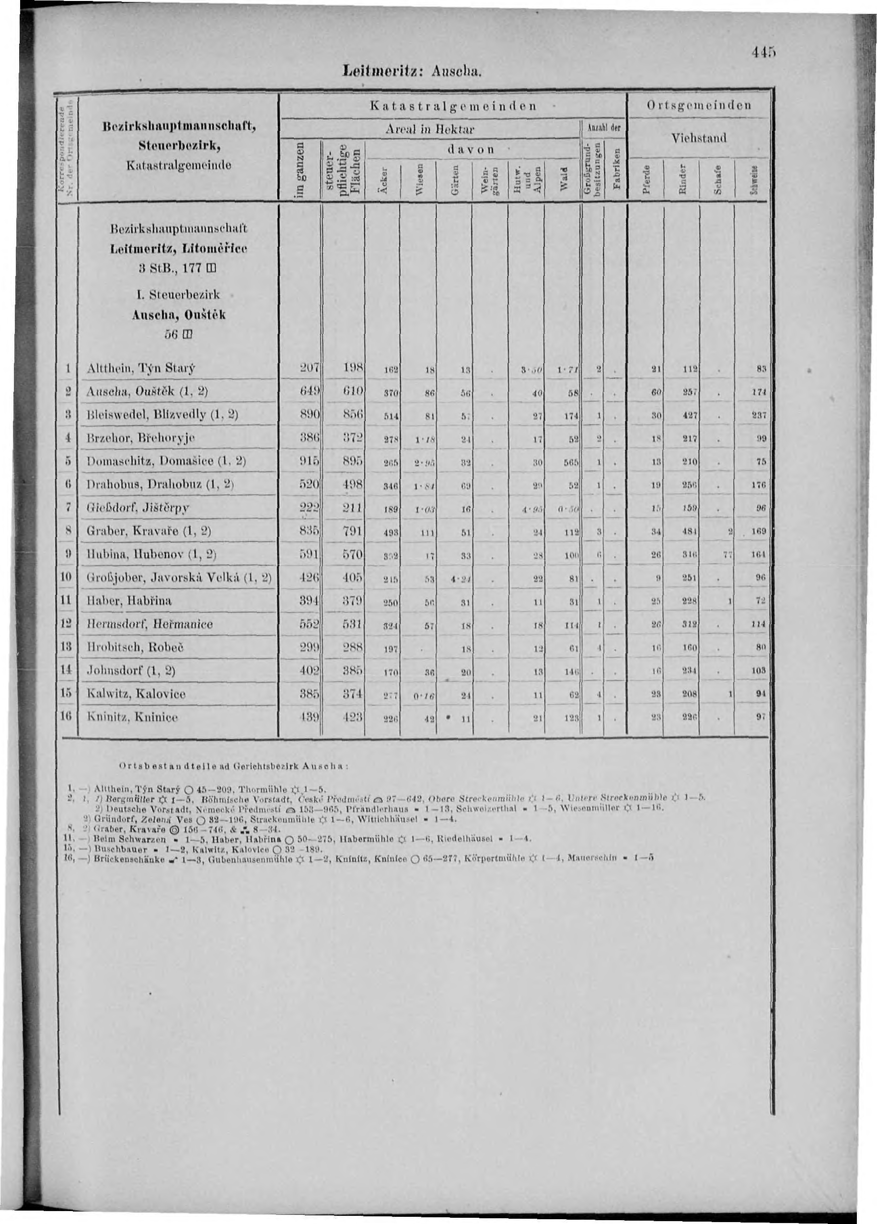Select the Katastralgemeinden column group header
452,106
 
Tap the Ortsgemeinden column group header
699,106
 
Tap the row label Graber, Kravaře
149,531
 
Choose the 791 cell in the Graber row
353,531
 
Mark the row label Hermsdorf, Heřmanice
150,624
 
